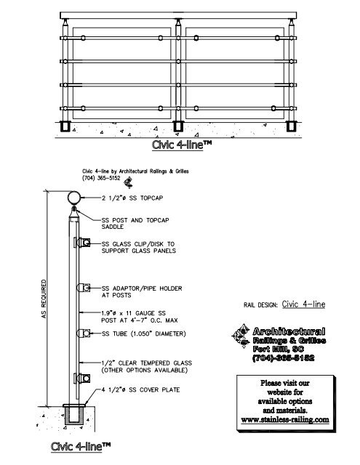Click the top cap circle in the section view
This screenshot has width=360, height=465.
(x=73, y=198)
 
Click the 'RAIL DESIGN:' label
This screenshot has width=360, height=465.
(x=259, y=306)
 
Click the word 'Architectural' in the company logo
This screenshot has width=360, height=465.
(x=289, y=332)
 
